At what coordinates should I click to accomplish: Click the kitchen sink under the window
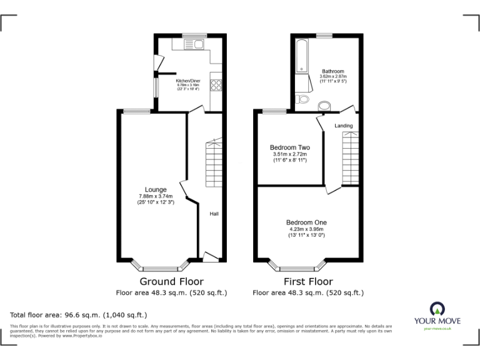[196, 44]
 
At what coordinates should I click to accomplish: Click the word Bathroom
[332, 71]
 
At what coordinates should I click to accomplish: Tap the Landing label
[343, 126]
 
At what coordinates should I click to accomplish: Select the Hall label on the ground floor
[214, 214]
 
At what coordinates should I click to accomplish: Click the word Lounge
[156, 189]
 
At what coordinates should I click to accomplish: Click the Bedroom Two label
[289, 147]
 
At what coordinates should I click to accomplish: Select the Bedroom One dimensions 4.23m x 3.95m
[306, 229]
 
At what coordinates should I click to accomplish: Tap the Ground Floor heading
[171, 281]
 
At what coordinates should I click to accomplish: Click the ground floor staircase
[214, 162]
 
